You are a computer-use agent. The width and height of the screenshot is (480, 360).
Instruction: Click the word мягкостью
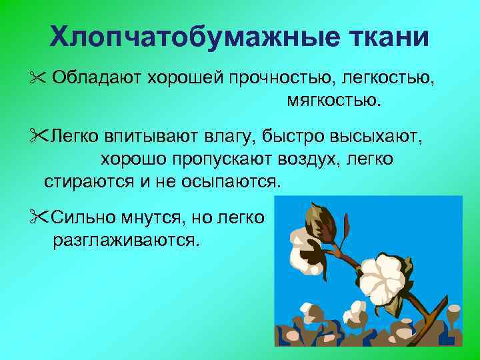pos(335,102)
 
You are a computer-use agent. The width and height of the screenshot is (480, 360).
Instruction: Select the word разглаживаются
pos(125,239)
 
